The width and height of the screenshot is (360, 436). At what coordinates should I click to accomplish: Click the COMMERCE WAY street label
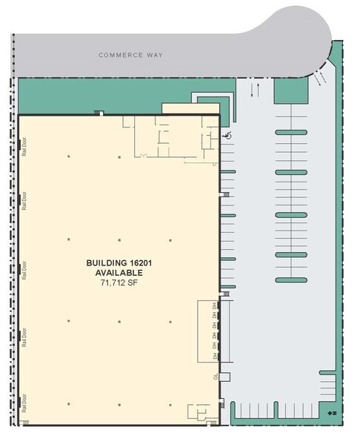click(x=131, y=55)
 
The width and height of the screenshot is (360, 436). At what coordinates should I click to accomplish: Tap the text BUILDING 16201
click(x=119, y=263)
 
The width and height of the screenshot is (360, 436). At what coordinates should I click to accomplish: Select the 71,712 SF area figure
click(x=119, y=283)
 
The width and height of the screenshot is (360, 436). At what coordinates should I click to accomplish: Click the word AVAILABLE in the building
click(x=119, y=273)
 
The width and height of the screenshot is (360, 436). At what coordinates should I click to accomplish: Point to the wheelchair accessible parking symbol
click(x=227, y=136)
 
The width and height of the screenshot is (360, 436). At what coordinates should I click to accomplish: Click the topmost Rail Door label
click(x=24, y=151)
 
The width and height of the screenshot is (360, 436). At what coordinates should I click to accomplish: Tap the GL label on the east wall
click(x=216, y=376)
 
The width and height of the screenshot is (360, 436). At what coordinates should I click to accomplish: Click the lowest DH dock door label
click(x=215, y=356)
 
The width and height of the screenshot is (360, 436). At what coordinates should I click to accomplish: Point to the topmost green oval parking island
click(x=290, y=133)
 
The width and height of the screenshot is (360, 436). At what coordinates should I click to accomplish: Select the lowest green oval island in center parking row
click(x=290, y=280)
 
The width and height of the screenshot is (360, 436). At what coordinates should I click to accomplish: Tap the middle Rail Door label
click(x=24, y=267)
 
